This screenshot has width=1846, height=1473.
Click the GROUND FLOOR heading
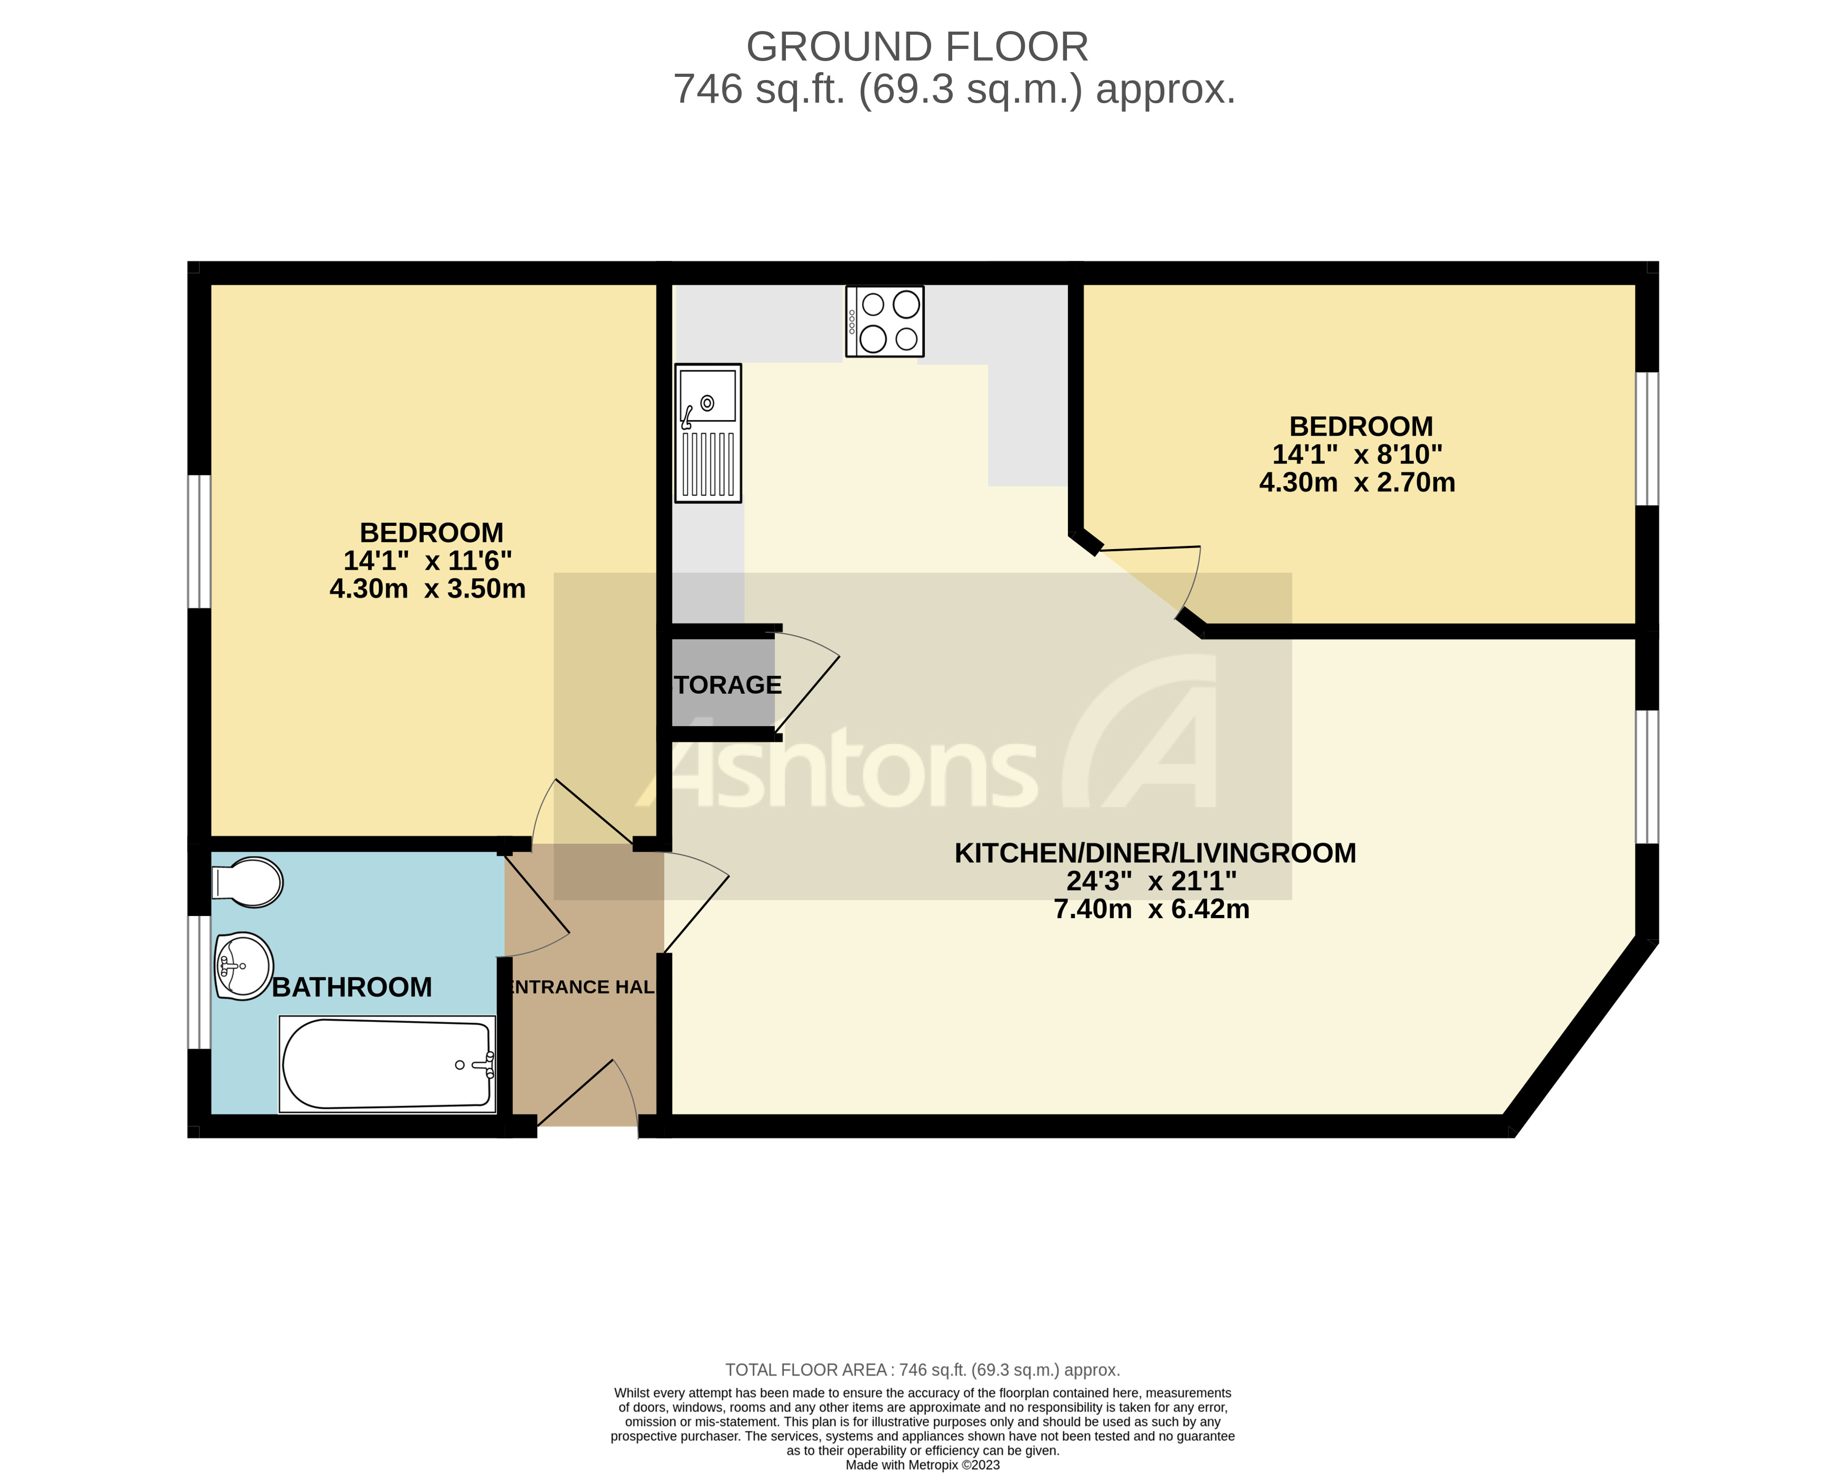(917, 46)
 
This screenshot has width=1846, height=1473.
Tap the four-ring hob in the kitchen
(884, 321)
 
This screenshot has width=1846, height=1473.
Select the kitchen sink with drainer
(707, 433)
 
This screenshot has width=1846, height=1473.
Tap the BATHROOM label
(352, 988)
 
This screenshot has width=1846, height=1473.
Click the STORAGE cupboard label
(728, 685)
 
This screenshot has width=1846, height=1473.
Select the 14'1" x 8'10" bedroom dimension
(1356, 455)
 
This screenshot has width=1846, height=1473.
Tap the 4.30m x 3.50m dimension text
(427, 589)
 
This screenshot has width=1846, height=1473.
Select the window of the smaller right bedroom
(1647, 439)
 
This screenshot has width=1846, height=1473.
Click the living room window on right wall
(1647, 777)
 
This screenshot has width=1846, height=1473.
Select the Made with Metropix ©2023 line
(922, 1465)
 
